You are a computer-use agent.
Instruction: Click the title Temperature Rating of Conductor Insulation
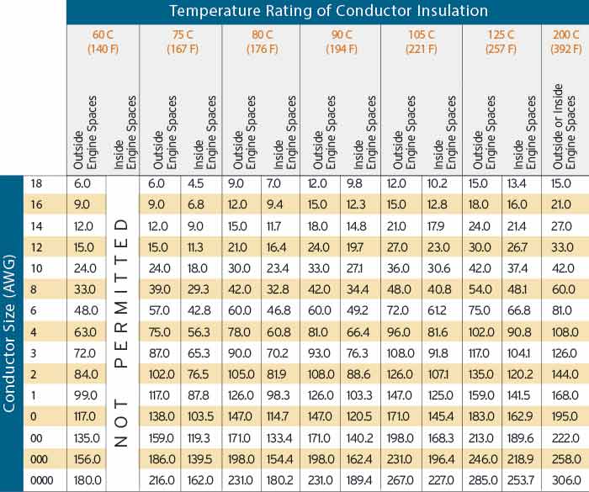tap(328, 12)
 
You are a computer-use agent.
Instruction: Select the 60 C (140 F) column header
tap(103, 41)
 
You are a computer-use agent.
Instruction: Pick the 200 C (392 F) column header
tap(565, 41)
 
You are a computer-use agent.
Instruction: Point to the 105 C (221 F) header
tap(422, 41)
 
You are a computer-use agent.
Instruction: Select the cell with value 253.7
tap(521, 479)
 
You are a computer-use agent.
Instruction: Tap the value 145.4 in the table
tap(439, 417)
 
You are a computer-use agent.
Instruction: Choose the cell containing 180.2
tap(279, 479)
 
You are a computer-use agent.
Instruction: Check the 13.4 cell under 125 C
tap(521, 183)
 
